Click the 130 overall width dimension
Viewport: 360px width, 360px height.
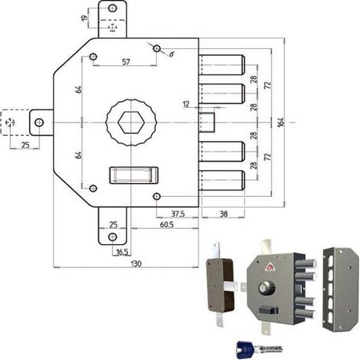tap(136, 263)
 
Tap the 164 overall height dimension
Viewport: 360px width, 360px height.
tap(281, 123)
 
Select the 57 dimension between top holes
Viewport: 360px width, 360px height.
tap(126, 62)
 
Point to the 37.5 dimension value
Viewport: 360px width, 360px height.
tap(178, 214)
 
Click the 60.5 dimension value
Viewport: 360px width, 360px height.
tap(167, 224)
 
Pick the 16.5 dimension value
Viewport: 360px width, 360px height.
tap(122, 252)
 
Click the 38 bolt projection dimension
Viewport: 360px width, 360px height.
tap(224, 214)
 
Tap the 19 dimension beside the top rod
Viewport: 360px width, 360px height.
tap(84, 18)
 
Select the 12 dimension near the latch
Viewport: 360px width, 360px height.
tap(186, 104)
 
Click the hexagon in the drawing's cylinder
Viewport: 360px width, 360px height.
tap(131, 123)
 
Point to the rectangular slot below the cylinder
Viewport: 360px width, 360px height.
tap(134, 175)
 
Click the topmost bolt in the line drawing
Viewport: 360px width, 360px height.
tap(221, 65)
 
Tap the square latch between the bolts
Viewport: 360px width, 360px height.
tap(207, 122)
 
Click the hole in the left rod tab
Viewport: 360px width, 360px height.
tap(39, 123)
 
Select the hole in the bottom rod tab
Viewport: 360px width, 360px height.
tap(113, 237)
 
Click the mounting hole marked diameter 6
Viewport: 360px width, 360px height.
tap(156, 48)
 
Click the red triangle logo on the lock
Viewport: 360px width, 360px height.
tap(270, 267)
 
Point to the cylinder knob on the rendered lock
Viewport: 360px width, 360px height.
tap(267, 288)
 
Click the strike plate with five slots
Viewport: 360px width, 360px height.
tap(341, 290)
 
